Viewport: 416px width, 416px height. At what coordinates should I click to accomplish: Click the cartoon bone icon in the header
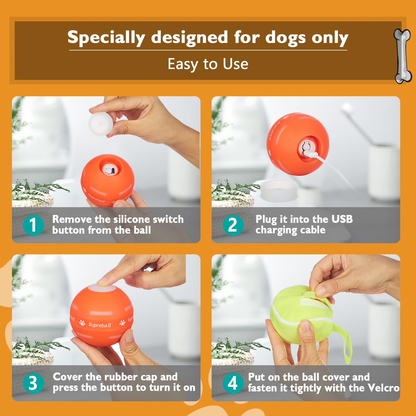(402, 55)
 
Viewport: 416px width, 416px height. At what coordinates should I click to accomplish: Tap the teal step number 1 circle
(33, 225)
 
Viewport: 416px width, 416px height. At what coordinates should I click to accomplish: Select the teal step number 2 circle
(233, 225)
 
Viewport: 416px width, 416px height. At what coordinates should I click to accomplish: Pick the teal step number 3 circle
(33, 383)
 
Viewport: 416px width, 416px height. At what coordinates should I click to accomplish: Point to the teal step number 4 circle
(233, 383)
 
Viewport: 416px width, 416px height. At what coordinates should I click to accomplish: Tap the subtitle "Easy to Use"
(208, 64)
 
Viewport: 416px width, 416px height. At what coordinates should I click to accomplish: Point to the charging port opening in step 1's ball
(108, 169)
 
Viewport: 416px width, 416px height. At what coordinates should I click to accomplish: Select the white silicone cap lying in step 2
(278, 190)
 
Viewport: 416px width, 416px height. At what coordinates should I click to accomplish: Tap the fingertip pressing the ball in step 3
(103, 282)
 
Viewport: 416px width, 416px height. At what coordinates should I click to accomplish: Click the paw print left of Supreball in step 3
(82, 323)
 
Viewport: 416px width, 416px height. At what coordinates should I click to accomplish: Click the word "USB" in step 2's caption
(342, 219)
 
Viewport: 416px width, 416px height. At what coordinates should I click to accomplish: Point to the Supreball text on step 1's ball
(96, 198)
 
